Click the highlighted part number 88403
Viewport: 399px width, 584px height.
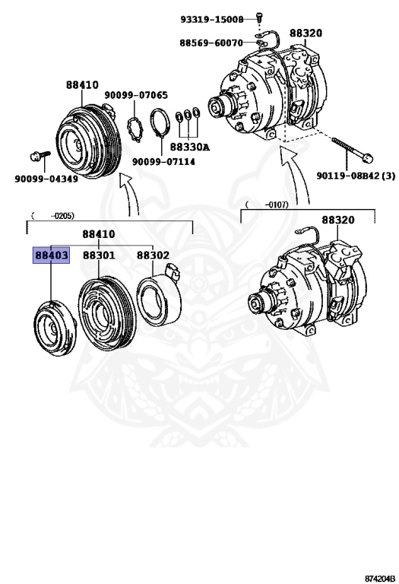pyautogui.click(x=50, y=255)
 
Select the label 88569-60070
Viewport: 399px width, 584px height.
pyautogui.click(x=211, y=43)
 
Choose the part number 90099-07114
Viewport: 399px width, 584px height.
pyautogui.click(x=163, y=161)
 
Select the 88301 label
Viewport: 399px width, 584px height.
pyautogui.click(x=99, y=255)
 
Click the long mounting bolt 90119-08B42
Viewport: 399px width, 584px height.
pyautogui.click(x=350, y=149)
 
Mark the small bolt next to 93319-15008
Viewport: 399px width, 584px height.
pyautogui.click(x=258, y=17)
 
